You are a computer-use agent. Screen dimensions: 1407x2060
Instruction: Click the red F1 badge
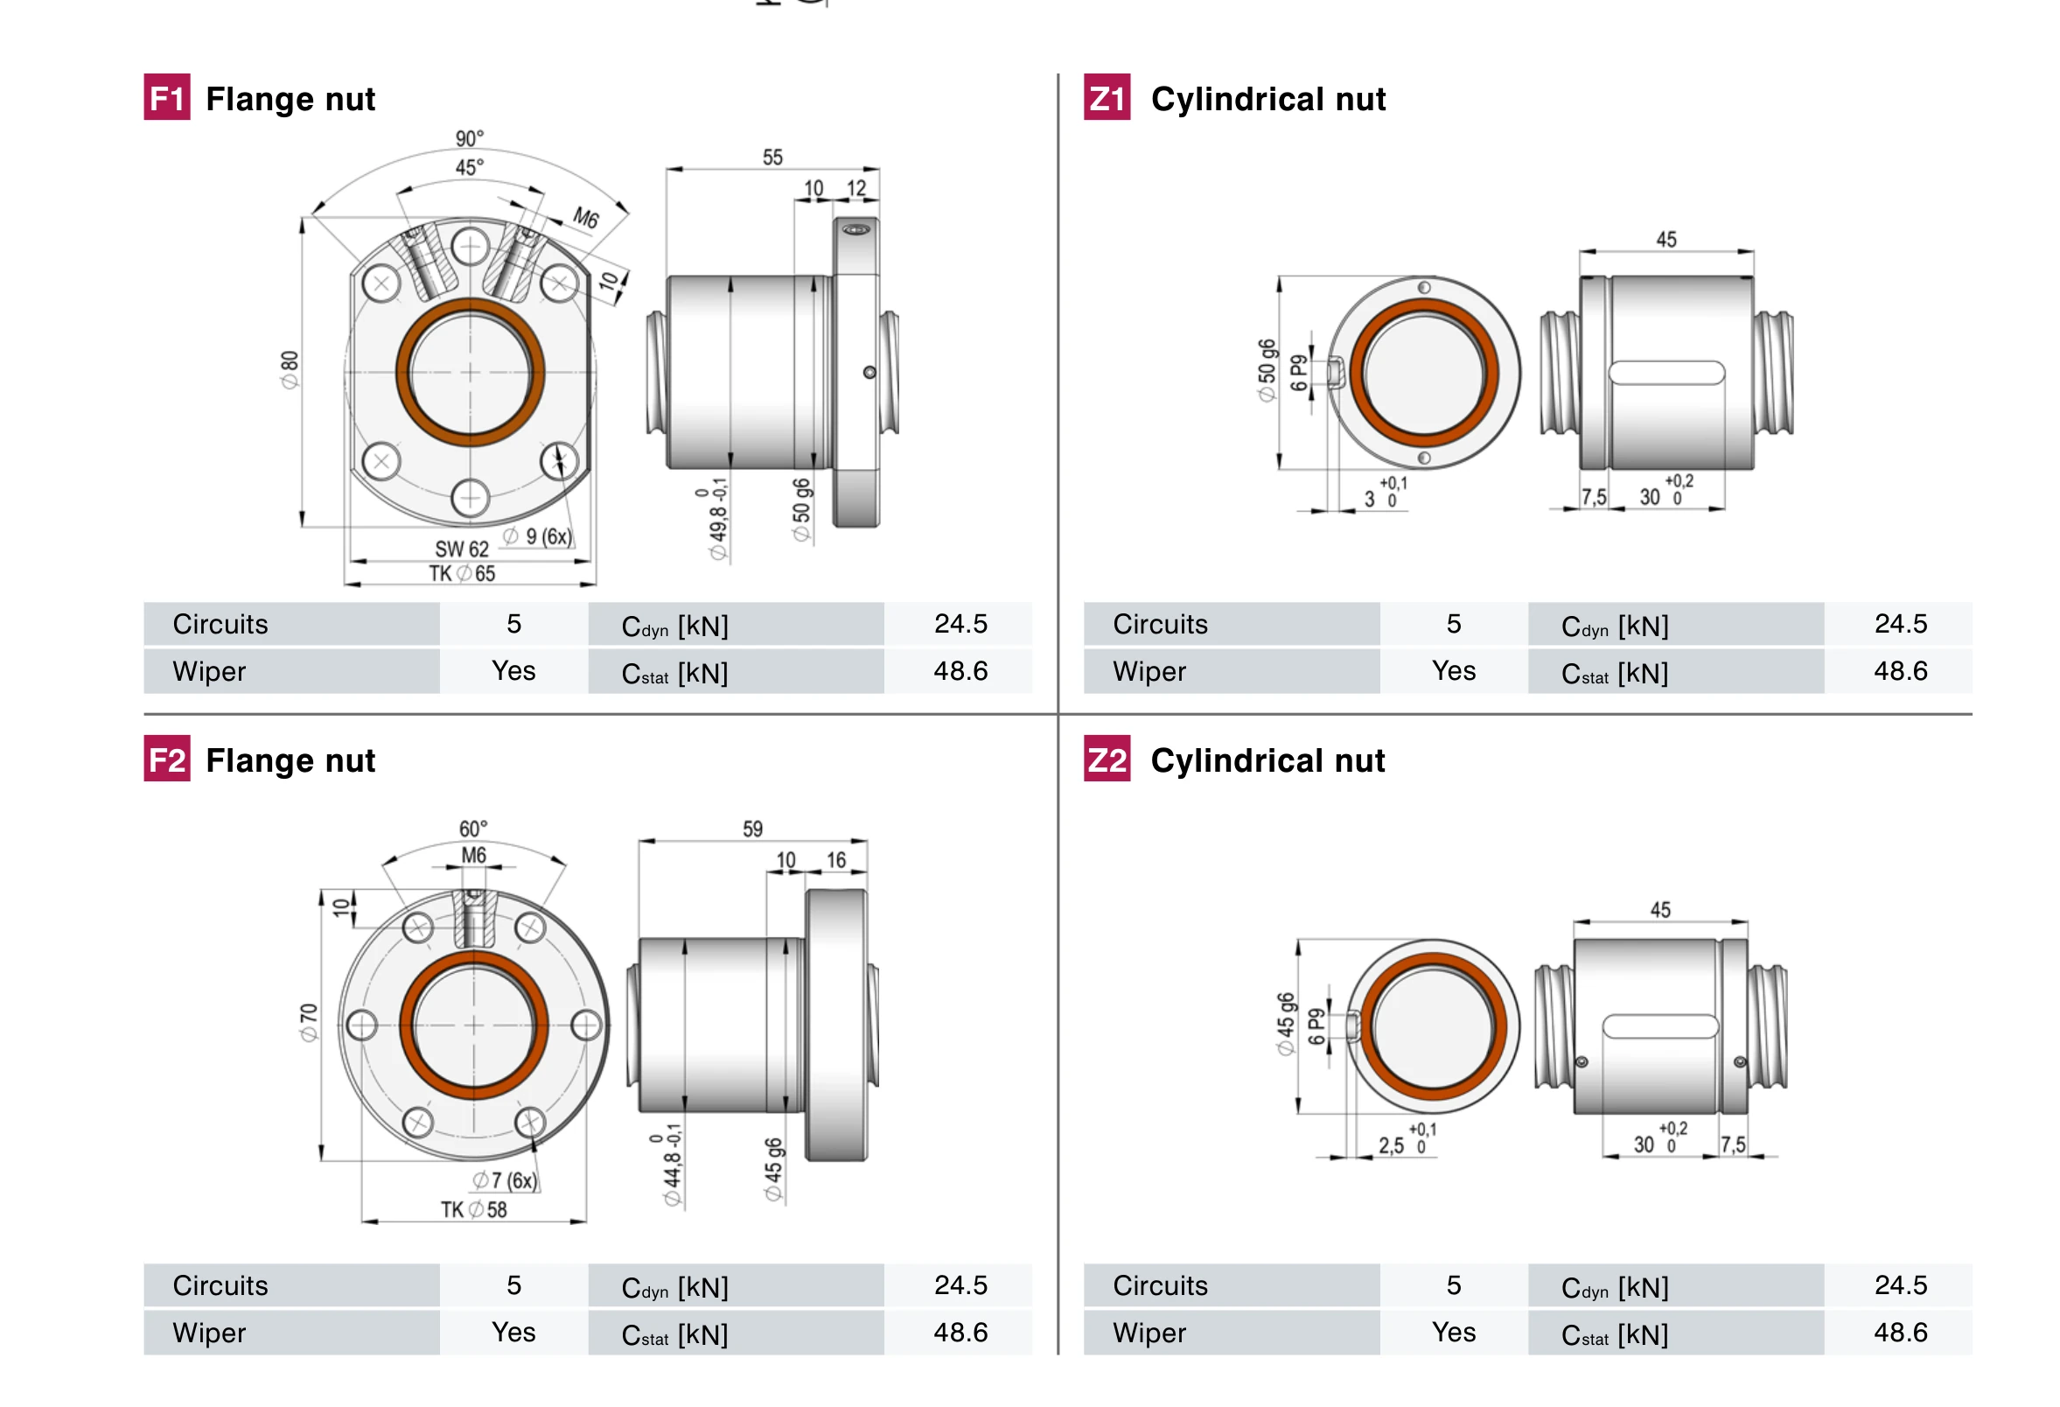(x=167, y=96)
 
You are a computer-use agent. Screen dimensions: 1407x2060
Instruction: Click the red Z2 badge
(x=1107, y=759)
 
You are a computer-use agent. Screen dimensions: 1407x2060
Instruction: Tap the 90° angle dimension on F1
(x=469, y=138)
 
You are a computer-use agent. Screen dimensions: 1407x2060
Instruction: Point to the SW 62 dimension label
(x=461, y=549)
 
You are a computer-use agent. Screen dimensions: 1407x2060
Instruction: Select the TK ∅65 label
(x=462, y=574)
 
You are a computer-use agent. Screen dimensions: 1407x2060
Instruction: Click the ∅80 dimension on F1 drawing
(x=289, y=370)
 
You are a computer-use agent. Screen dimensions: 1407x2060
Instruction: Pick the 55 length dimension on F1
(x=772, y=157)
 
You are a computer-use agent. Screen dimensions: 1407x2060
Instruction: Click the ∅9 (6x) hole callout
(x=538, y=536)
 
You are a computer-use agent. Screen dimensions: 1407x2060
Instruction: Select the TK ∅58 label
(x=473, y=1209)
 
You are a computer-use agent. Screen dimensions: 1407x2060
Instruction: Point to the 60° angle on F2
(x=472, y=828)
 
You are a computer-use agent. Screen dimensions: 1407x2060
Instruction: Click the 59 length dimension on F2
(x=751, y=828)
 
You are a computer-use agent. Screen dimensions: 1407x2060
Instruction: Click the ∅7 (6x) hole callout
(x=505, y=1180)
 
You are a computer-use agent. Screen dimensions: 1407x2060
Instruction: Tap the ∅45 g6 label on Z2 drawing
(x=1284, y=1024)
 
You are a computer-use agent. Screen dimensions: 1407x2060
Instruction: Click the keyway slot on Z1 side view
(x=1666, y=373)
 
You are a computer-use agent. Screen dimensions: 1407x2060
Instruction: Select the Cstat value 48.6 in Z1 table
(x=1900, y=671)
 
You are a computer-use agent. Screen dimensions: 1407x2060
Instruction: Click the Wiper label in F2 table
(x=209, y=1333)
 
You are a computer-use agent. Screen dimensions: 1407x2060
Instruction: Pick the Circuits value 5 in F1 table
(x=513, y=624)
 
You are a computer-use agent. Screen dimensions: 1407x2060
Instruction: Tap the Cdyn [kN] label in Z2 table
(x=1614, y=1286)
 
